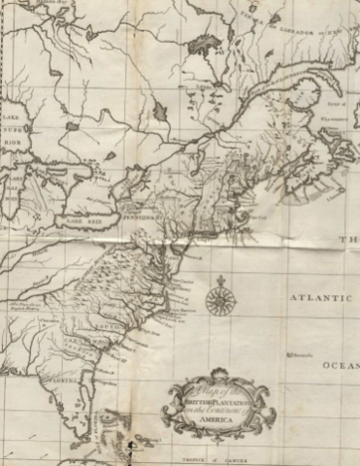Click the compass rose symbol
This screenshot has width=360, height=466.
pos(220,294)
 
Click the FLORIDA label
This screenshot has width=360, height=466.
pos(66,397)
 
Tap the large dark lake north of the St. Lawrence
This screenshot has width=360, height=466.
pos(204,43)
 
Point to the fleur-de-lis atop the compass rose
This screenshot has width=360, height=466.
pos(220,278)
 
